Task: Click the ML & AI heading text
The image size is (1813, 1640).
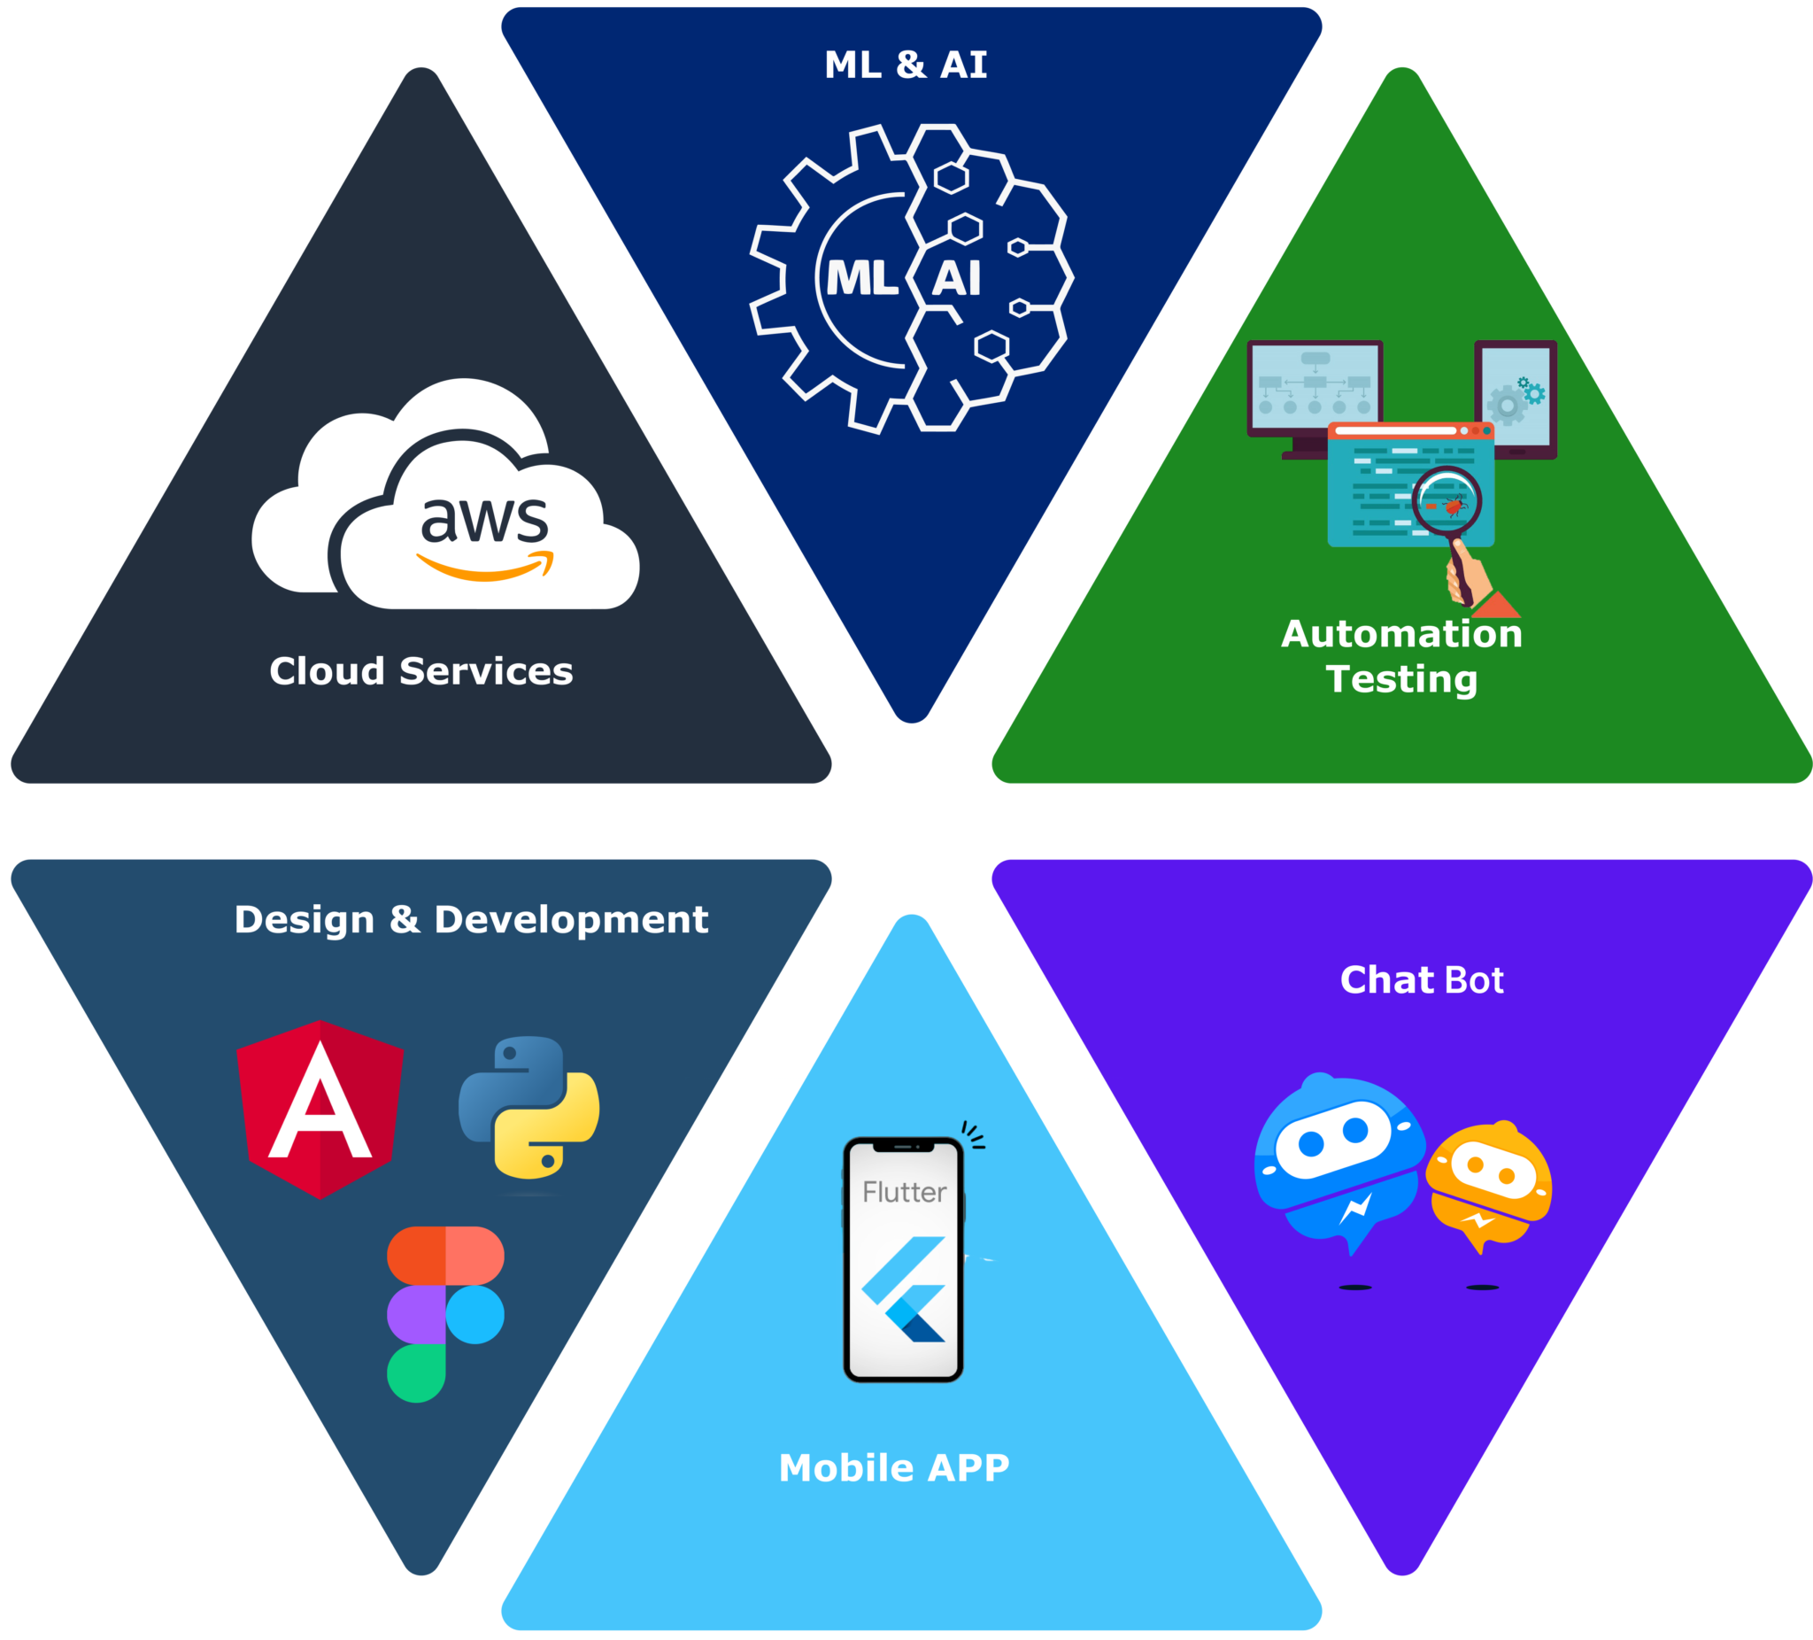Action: [x=906, y=65]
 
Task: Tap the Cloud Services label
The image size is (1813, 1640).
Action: [x=420, y=671]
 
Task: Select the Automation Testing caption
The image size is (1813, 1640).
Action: [x=1401, y=656]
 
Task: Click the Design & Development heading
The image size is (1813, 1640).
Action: [x=471, y=919]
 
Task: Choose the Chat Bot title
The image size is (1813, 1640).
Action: [x=1421, y=979]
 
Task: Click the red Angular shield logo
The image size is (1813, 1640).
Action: [x=320, y=1109]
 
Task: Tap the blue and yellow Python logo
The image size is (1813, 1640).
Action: [x=528, y=1108]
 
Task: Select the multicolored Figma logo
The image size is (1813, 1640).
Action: [x=445, y=1312]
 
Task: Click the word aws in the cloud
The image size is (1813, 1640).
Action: [x=484, y=520]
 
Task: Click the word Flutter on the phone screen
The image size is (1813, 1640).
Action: [x=904, y=1193]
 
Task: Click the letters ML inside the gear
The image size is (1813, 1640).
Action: [x=861, y=279]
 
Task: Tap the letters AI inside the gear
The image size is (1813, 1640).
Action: [x=956, y=279]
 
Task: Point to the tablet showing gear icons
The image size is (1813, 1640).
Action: [x=1516, y=398]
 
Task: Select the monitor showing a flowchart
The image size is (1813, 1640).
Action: [x=1314, y=388]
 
